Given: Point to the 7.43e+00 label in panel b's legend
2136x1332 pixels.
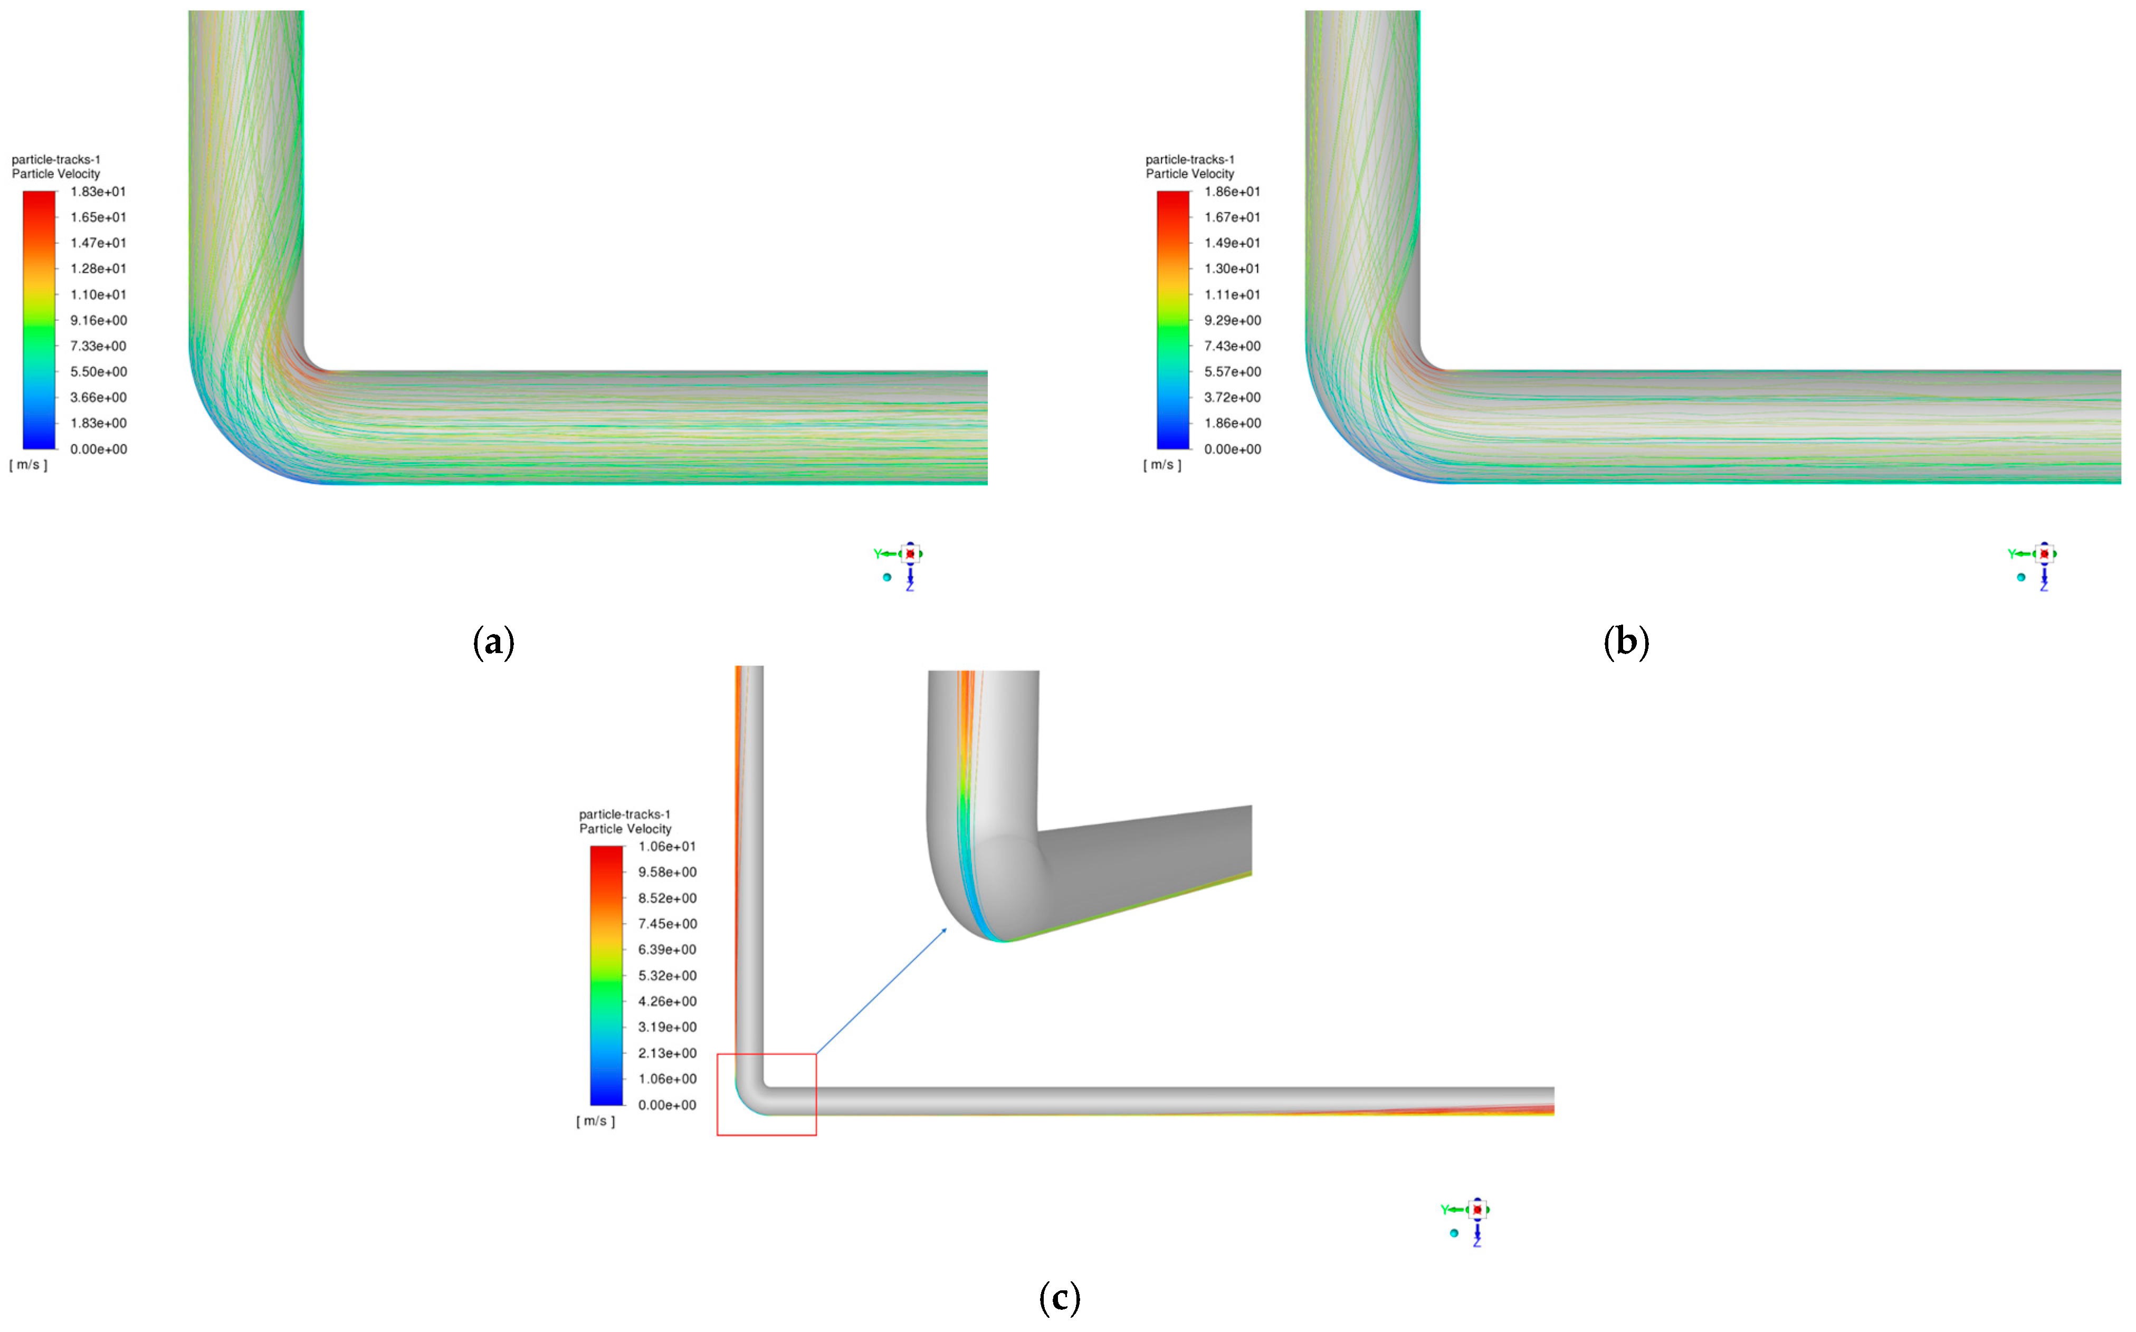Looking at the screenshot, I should pos(1232,346).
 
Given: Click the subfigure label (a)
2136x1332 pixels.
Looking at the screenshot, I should pos(493,642).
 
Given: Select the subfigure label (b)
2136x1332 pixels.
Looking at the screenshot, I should pos(1626,642).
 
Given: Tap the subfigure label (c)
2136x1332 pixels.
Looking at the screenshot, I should pos(1059,1298).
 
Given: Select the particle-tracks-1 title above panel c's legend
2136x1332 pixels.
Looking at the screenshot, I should pos(624,814).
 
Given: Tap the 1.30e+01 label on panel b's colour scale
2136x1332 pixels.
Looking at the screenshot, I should pos(1232,269).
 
